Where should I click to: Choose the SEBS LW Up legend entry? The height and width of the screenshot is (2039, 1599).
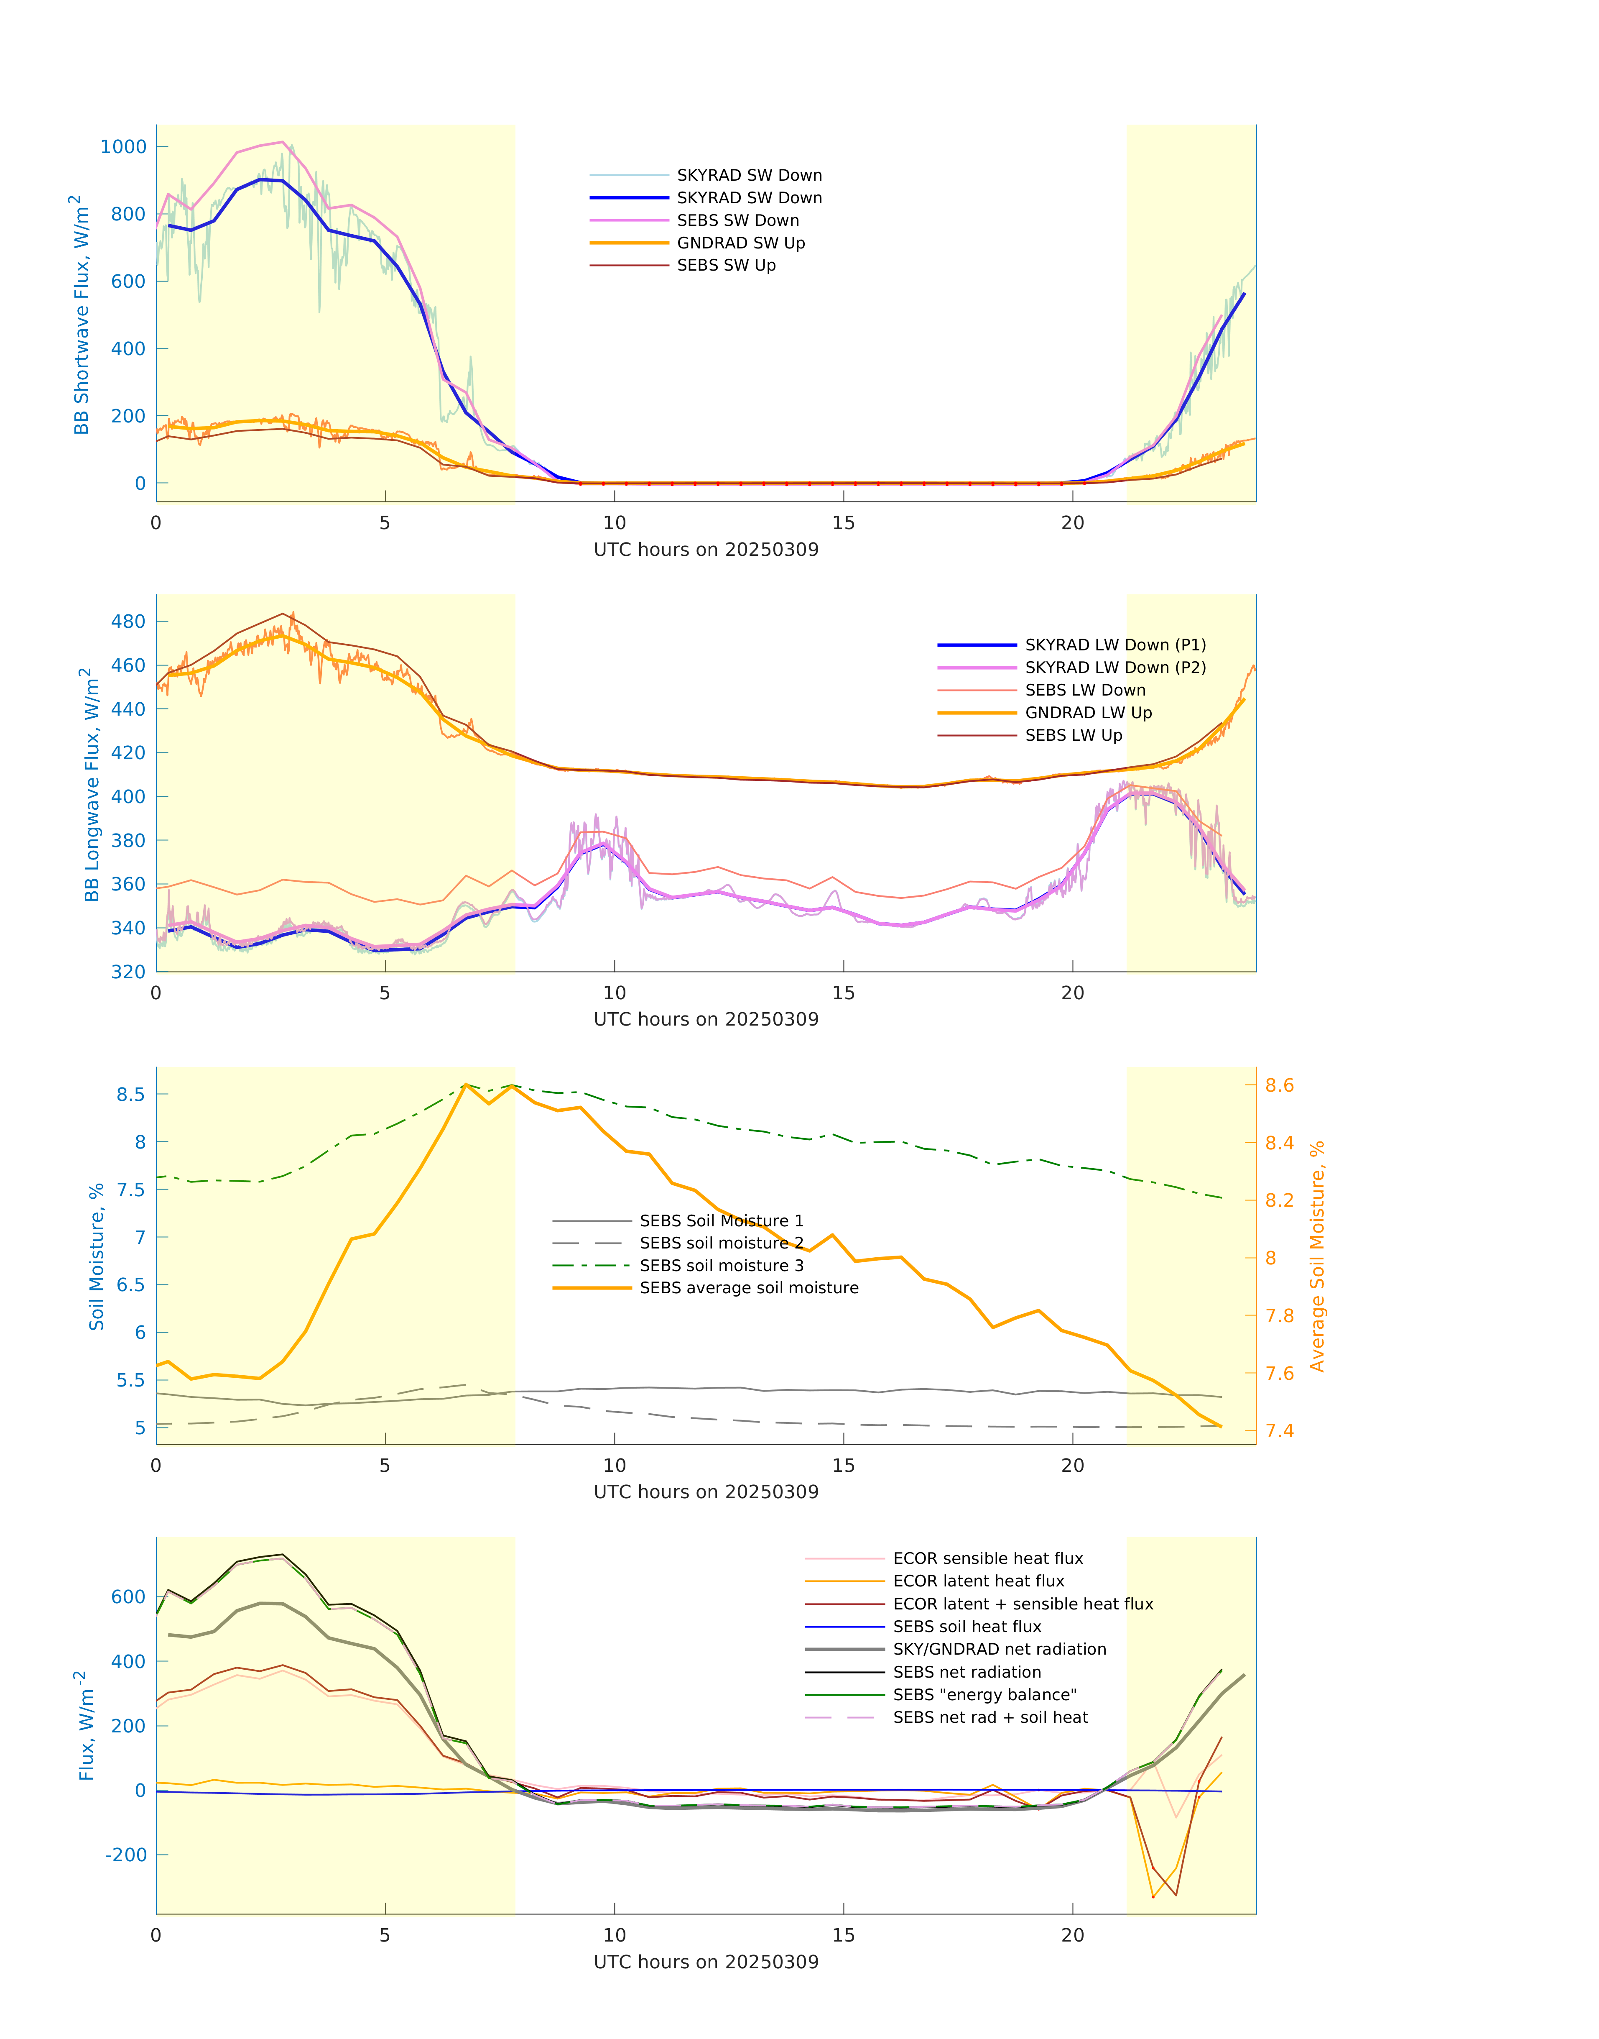point(1073,735)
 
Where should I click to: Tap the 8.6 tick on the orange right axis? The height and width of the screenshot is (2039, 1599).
point(1279,1085)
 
